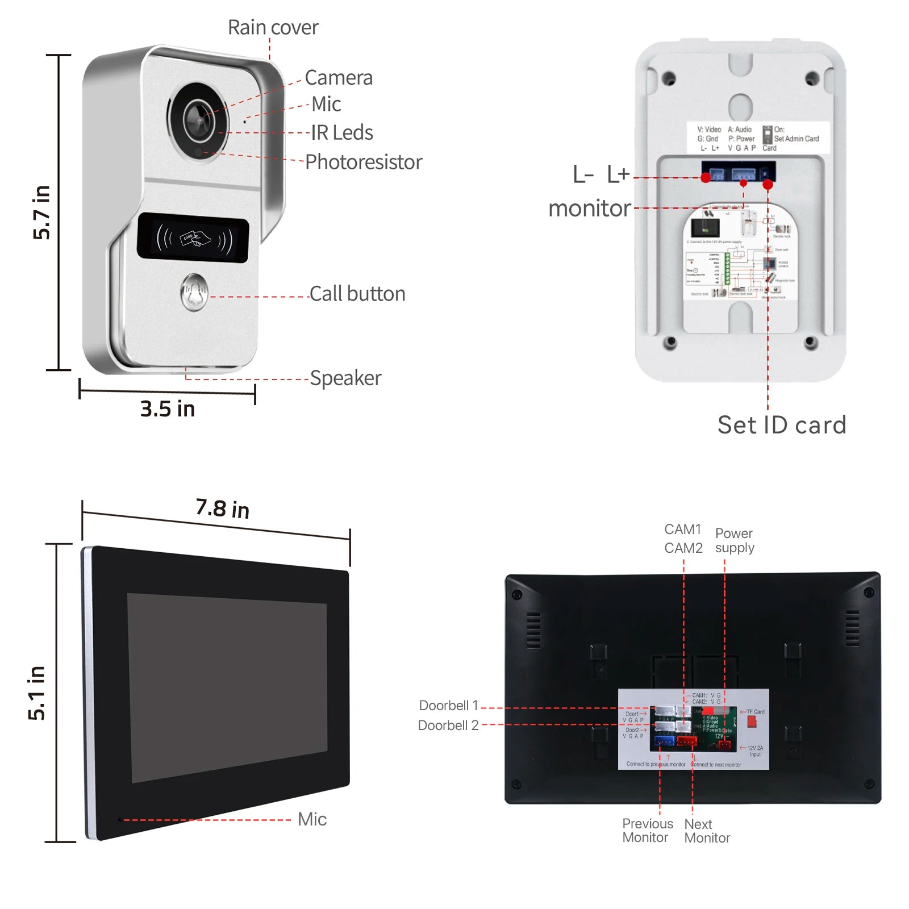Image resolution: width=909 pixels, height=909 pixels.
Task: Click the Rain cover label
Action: (x=273, y=27)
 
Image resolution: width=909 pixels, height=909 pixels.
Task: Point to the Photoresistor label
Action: (x=364, y=162)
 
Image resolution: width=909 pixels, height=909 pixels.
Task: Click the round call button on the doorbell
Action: (x=194, y=293)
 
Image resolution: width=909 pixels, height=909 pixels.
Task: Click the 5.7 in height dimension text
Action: (x=41, y=212)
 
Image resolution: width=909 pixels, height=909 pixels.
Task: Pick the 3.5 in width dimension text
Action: (x=168, y=409)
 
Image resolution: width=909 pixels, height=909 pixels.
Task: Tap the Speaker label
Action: (x=345, y=378)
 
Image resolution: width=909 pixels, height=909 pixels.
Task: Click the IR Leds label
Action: (x=342, y=133)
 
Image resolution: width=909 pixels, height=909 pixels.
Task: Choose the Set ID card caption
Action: (x=782, y=425)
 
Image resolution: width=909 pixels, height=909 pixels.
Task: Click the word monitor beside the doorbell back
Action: (x=590, y=209)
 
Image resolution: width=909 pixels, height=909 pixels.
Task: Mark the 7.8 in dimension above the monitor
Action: (x=223, y=508)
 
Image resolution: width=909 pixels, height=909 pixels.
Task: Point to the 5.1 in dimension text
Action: (x=36, y=693)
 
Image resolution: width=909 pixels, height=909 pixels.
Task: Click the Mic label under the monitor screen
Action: (x=312, y=819)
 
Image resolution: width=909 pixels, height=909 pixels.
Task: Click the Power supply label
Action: (x=735, y=540)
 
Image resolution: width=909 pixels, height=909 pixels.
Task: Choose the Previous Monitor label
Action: (x=647, y=831)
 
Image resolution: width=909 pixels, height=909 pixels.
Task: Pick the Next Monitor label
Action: (x=707, y=831)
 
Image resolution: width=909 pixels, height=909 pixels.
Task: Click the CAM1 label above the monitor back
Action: (x=683, y=529)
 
